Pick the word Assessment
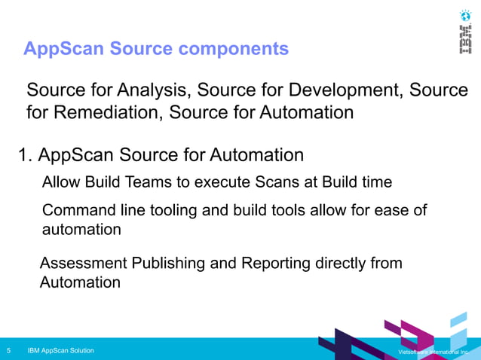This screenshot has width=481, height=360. tap(83, 264)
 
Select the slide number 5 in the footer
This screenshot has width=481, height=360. tap(8, 351)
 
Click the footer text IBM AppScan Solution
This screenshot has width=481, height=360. tap(60, 351)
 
